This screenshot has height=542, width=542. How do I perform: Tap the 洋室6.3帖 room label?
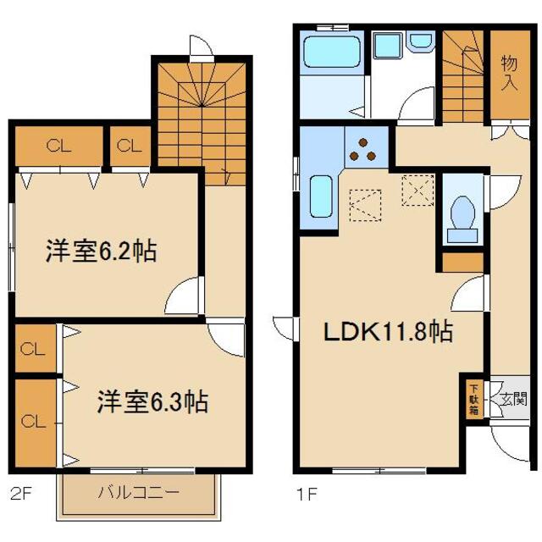(152, 400)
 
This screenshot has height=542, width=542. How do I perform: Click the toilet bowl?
(462, 212)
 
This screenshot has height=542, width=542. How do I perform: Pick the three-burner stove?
(366, 148)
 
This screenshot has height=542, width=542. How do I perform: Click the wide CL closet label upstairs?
(58, 147)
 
